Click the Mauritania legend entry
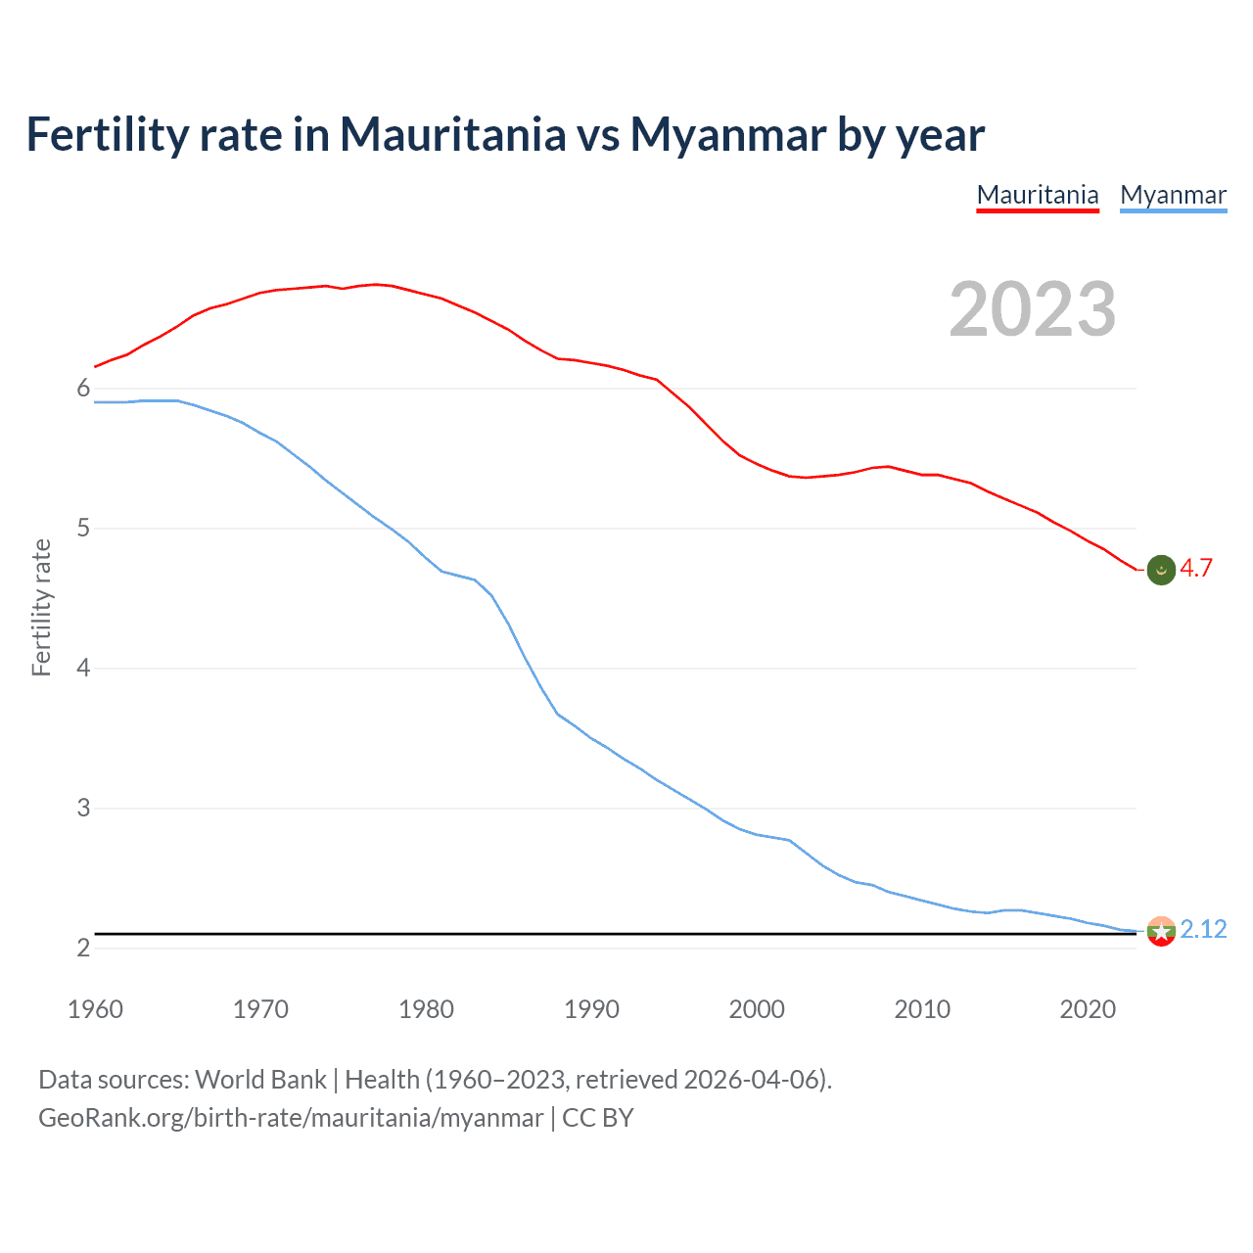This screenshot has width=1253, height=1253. [1038, 195]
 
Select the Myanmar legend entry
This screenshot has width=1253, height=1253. [1173, 195]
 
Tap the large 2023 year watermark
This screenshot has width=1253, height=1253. [1032, 309]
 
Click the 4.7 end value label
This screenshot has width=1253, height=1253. [1195, 569]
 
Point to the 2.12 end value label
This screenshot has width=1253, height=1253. [1203, 929]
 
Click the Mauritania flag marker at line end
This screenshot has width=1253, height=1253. [1161, 570]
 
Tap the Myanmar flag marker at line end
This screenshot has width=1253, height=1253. [1161, 931]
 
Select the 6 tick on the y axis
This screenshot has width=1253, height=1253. [83, 389]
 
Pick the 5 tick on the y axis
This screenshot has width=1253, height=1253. [83, 529]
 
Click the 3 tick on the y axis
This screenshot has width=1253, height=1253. [83, 809]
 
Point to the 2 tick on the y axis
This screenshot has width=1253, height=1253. [83, 948]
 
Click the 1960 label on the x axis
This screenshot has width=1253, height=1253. [95, 1009]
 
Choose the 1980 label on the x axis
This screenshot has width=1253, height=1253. [426, 1009]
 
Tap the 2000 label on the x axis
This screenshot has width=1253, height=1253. [757, 1009]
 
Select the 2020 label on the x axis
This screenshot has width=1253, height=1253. [1088, 1009]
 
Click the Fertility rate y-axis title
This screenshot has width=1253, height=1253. [41, 607]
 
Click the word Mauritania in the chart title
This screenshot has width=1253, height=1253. [452, 134]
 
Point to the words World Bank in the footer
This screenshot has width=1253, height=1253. [260, 1080]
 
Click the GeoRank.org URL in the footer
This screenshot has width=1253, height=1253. [291, 1118]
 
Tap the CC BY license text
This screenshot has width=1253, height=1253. [598, 1118]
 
